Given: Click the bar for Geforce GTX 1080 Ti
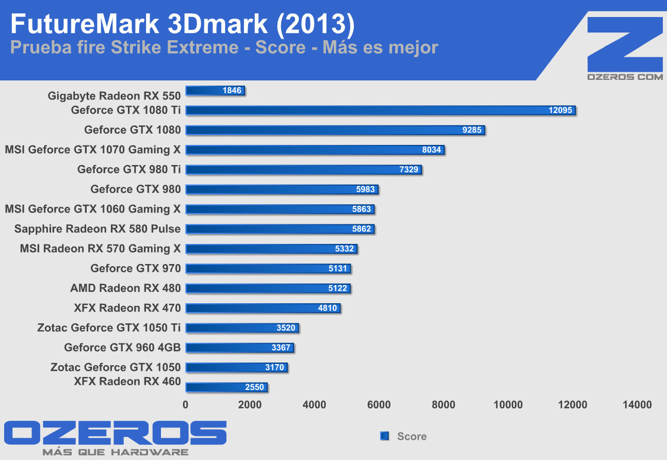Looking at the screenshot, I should [x=361, y=110].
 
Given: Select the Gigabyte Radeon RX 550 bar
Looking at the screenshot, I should [x=206, y=91].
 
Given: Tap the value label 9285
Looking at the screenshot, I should [x=472, y=130].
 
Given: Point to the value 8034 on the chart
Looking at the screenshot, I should [x=431, y=150].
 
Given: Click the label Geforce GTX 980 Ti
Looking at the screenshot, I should [x=129, y=170].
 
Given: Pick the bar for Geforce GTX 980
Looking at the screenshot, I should [x=268, y=190].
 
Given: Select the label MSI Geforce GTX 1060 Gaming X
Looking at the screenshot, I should [x=93, y=209].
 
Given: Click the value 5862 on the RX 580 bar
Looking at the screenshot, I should [x=362, y=229].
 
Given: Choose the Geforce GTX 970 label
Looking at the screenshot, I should [x=136, y=268].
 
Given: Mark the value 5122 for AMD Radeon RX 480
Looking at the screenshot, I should [x=338, y=288].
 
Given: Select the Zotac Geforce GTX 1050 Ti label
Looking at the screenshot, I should [x=109, y=327].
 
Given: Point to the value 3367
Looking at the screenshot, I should [x=281, y=348].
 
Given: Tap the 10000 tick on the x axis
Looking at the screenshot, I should [x=508, y=405].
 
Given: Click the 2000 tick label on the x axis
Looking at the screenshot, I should [x=250, y=405].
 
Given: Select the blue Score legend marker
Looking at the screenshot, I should [x=384, y=436].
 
